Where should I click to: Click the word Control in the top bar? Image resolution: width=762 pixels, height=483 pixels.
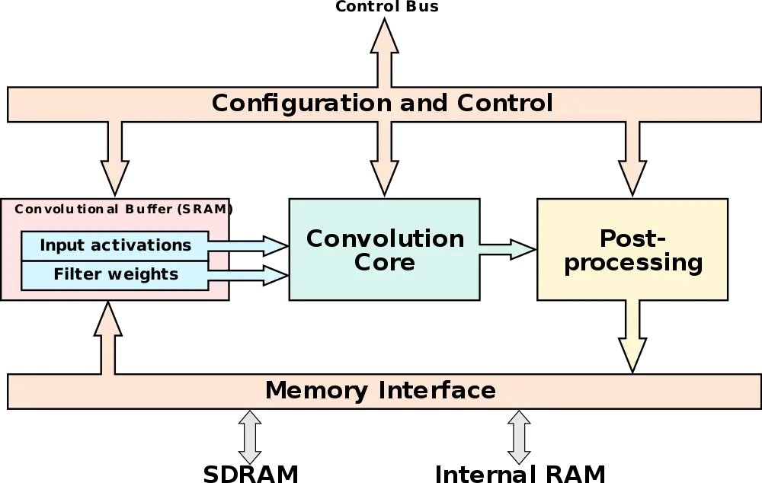click(x=504, y=103)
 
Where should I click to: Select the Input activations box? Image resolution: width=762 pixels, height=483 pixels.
click(x=115, y=245)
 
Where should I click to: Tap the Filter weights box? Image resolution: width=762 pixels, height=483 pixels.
click(x=115, y=274)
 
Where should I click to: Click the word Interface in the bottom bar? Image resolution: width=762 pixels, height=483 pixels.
click(x=437, y=391)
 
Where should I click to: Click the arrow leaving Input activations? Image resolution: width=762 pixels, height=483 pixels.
click(x=248, y=245)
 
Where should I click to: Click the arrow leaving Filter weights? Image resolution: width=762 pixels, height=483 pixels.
click(x=248, y=275)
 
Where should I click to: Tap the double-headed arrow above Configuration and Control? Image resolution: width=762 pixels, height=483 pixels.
click(x=384, y=53)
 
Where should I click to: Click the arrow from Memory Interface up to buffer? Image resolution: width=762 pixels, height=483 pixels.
click(x=109, y=339)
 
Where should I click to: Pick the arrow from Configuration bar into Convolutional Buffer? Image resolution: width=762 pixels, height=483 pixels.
click(x=114, y=156)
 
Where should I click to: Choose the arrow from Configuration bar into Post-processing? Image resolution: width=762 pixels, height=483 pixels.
click(x=632, y=156)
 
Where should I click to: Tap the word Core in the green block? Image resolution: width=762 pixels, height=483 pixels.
click(x=384, y=263)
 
